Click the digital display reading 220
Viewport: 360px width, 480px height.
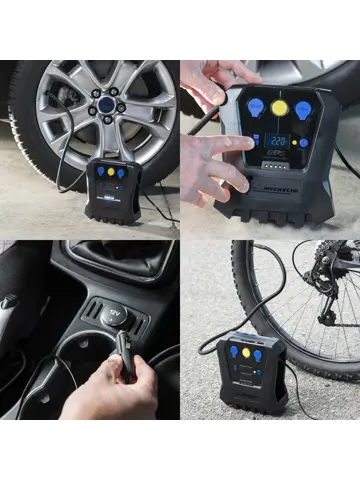[277, 142]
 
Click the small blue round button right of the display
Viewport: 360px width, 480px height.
[305, 143]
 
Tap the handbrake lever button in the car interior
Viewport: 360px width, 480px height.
[9, 301]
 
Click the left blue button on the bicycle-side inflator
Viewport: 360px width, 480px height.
[234, 351]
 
